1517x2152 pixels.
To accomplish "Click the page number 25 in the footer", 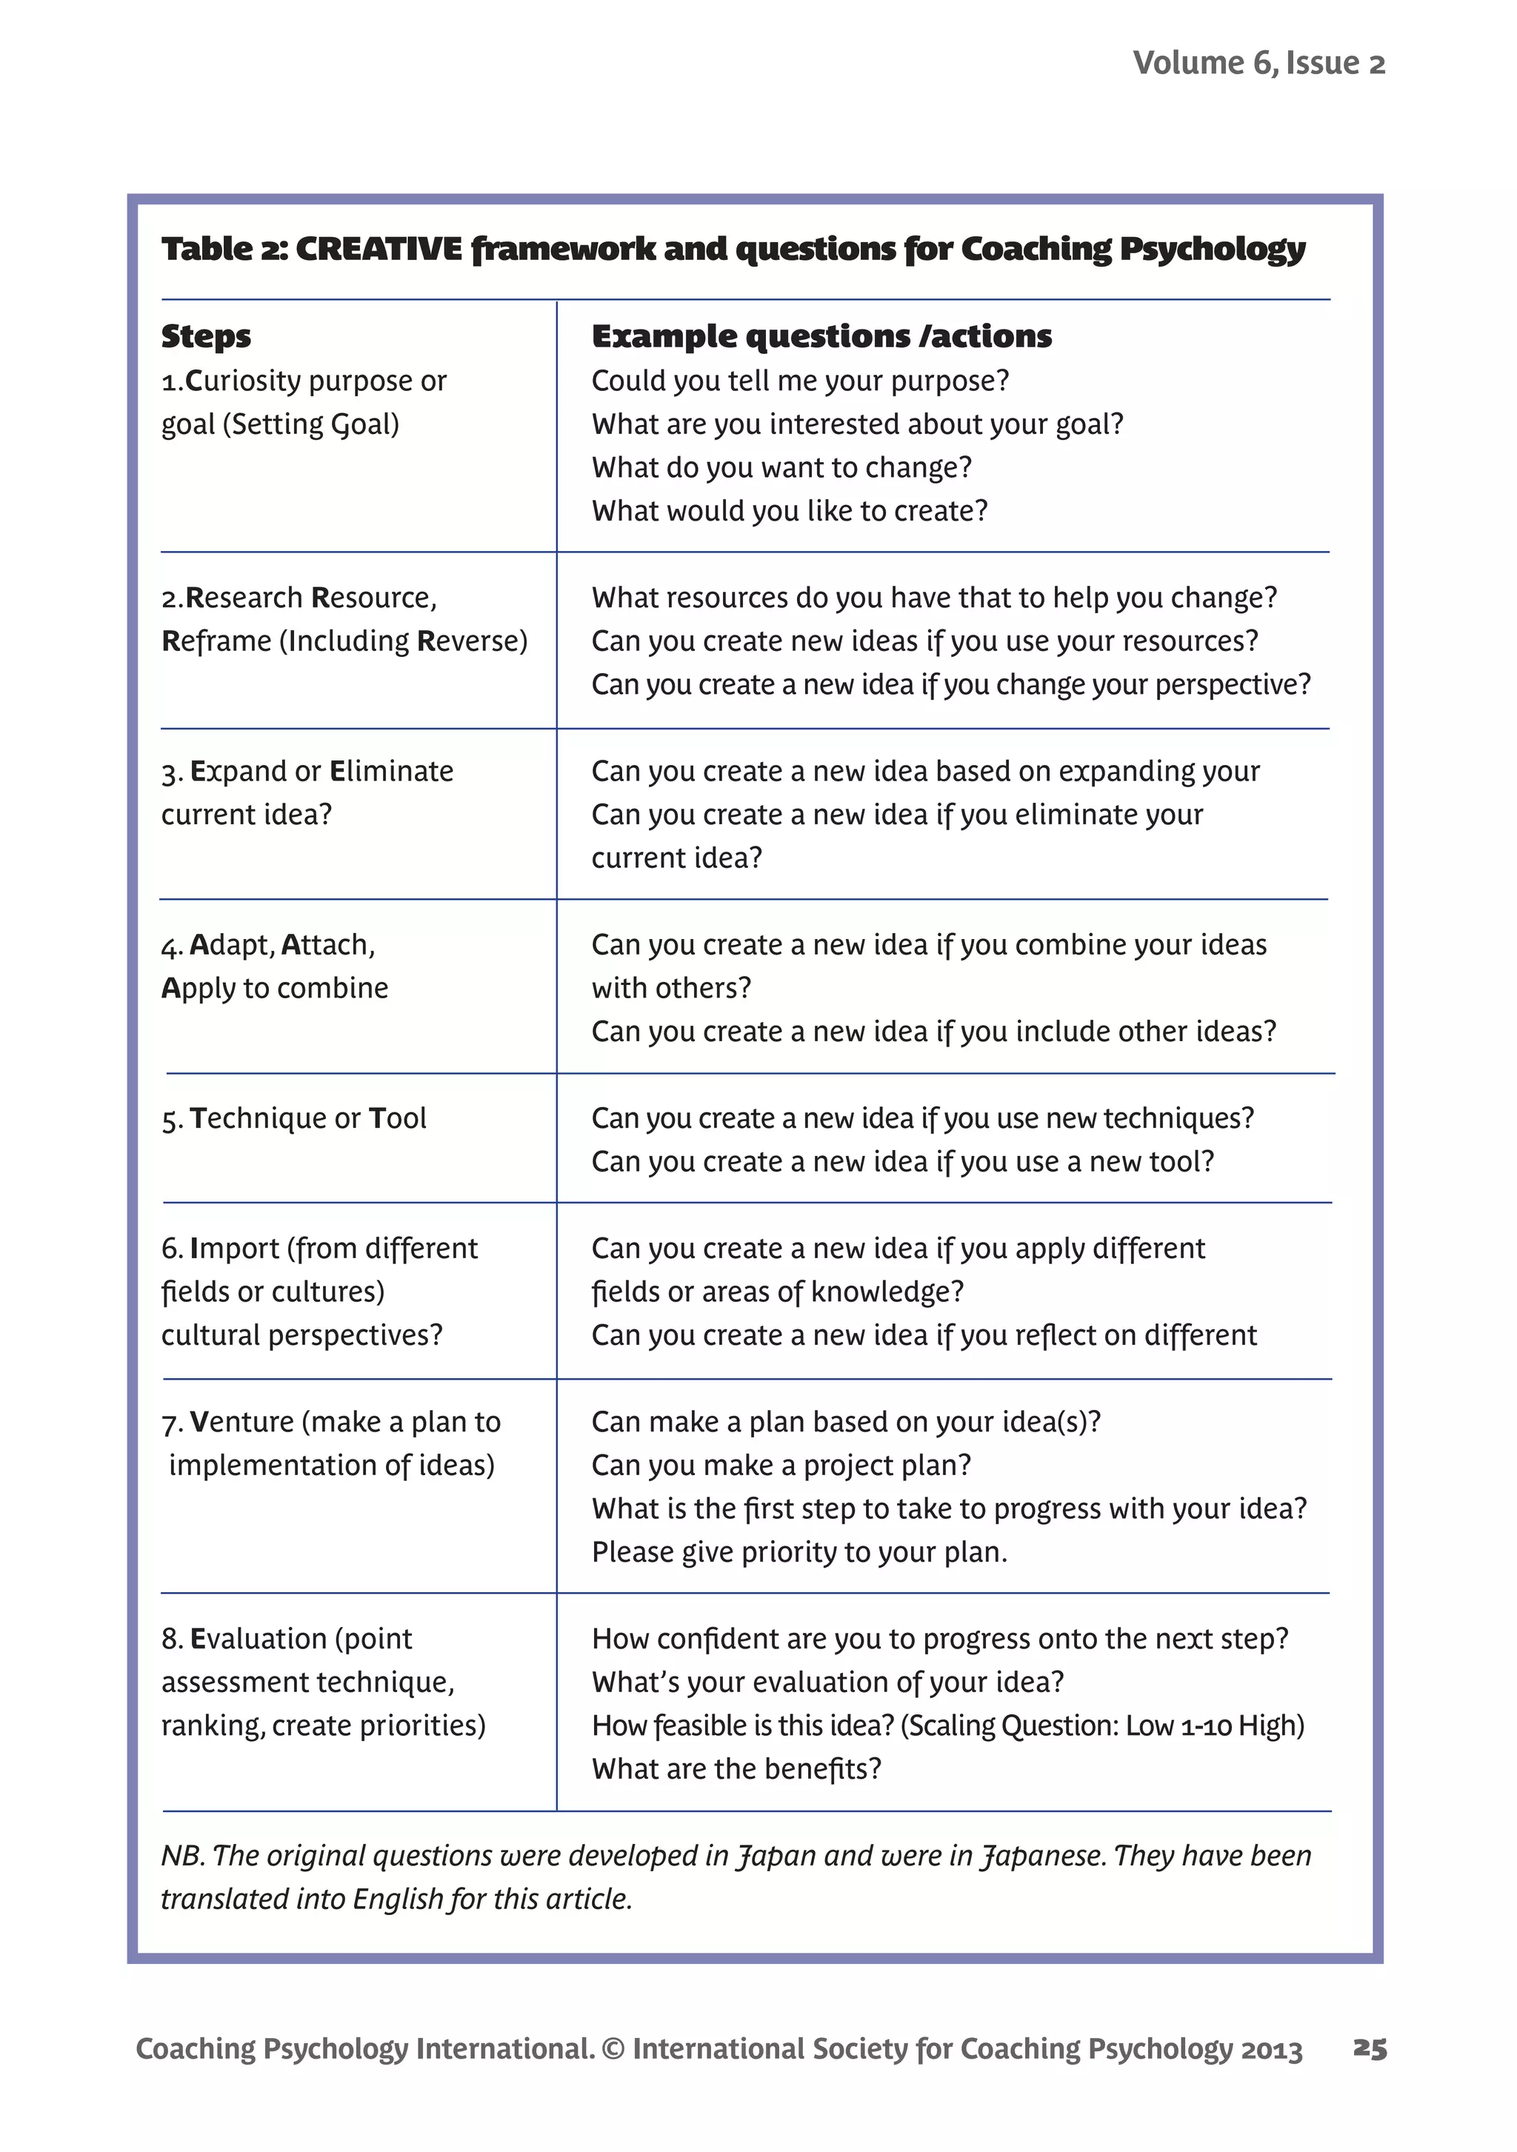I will point(1369,2049).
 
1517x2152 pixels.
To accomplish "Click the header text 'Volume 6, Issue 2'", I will point(1258,63).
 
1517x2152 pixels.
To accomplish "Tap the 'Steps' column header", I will point(206,335).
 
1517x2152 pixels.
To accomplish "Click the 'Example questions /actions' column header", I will point(821,335).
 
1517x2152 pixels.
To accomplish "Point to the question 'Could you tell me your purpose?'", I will point(800,381).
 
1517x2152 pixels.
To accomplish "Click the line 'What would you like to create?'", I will point(790,511).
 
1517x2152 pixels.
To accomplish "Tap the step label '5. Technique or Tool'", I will point(293,1118).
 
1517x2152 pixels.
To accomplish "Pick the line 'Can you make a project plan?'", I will point(781,1465).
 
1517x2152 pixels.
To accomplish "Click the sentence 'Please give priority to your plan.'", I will point(798,1552).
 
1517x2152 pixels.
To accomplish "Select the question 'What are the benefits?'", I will point(736,1768).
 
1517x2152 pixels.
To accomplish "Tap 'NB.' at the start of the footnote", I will point(180,1856).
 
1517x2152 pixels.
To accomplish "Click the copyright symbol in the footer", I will point(613,2049).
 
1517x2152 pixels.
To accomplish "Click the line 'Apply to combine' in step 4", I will point(275,988).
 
